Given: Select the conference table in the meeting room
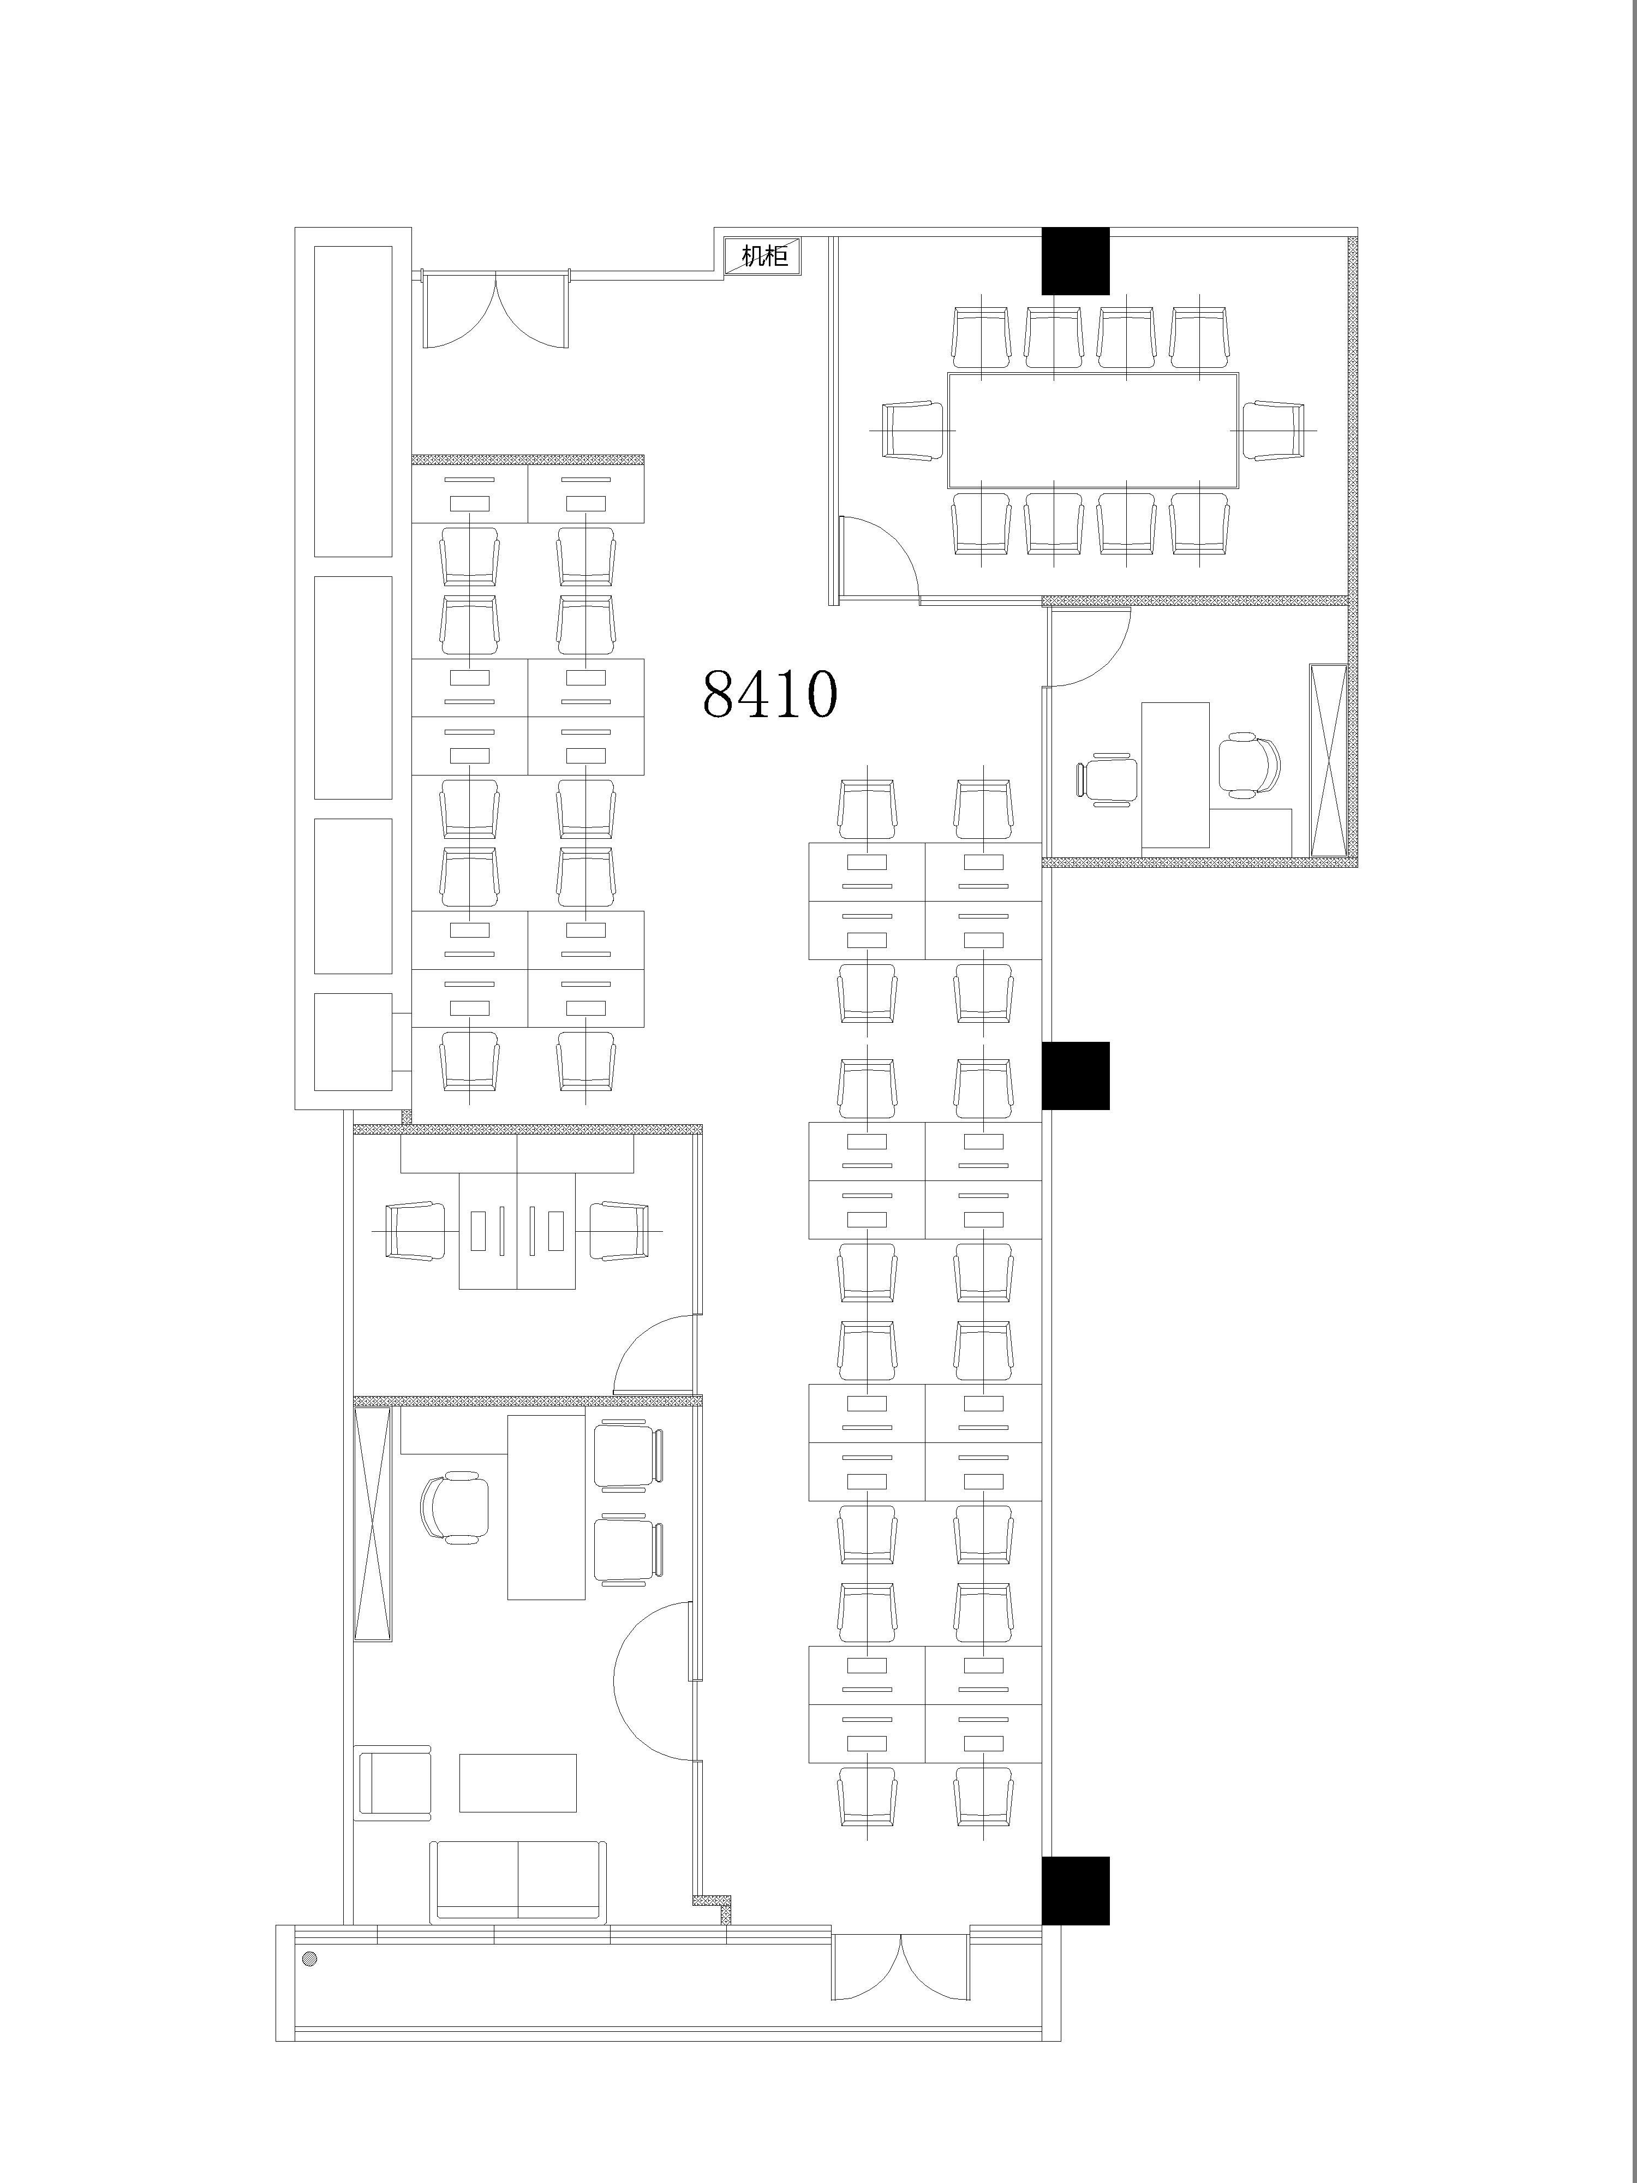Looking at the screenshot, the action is coord(1092,430).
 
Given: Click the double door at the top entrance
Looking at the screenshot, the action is coord(495,308).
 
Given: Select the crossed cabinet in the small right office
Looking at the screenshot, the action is coord(1327,760).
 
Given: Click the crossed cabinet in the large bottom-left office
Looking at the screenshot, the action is coord(373,1525).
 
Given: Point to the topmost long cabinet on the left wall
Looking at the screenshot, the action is coord(353,402).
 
